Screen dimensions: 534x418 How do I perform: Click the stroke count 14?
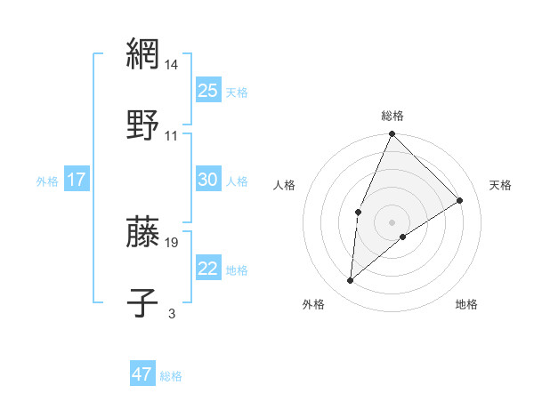click(x=172, y=65)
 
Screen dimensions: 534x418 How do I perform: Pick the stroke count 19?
click(x=172, y=242)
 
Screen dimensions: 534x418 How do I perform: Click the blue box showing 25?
click(x=208, y=90)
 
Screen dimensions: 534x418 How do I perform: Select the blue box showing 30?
click(x=208, y=180)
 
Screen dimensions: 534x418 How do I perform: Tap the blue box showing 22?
click(x=208, y=269)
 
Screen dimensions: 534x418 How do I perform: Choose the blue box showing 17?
click(x=77, y=180)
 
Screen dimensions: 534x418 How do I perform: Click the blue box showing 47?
click(x=142, y=374)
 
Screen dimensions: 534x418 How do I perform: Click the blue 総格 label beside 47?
click(x=171, y=376)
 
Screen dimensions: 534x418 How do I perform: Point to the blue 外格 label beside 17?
click(x=47, y=181)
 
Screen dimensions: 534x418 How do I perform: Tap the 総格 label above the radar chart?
click(x=392, y=116)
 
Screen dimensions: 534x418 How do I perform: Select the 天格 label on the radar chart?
click(x=500, y=185)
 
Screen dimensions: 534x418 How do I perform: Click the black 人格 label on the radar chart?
click(x=285, y=185)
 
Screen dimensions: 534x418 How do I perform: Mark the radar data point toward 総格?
click(x=392, y=134)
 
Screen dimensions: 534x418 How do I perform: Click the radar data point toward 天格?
click(x=460, y=200)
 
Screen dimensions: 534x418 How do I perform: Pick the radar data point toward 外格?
click(x=351, y=281)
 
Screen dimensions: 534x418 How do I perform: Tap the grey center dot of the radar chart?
click(x=392, y=221)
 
